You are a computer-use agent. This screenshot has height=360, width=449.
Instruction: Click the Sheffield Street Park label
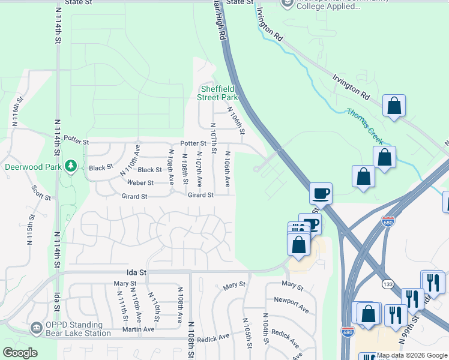219,93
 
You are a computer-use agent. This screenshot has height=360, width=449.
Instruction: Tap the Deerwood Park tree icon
71,164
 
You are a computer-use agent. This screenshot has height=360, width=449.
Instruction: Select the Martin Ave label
139,329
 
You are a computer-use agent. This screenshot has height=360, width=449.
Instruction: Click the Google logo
20,353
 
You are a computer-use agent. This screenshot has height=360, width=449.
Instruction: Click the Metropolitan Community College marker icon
287,3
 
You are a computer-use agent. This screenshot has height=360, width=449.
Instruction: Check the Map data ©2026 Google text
411,356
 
